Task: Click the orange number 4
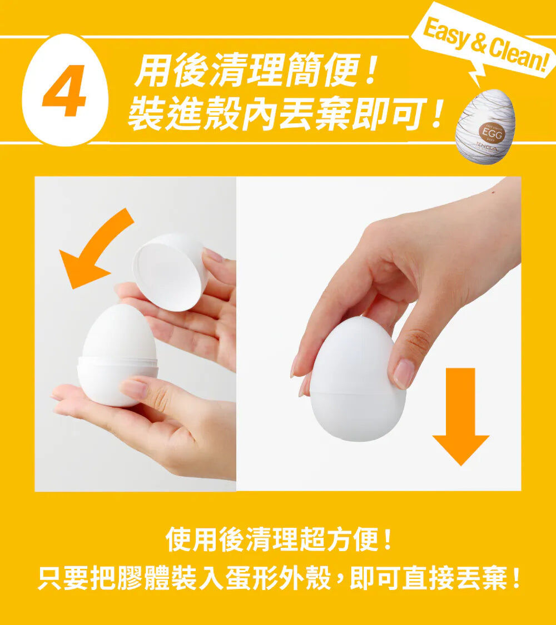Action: (64, 91)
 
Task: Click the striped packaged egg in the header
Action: (485, 127)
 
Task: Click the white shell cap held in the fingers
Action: (170, 272)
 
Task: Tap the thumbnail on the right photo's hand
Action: (404, 373)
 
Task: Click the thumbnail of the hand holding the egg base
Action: (133, 389)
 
